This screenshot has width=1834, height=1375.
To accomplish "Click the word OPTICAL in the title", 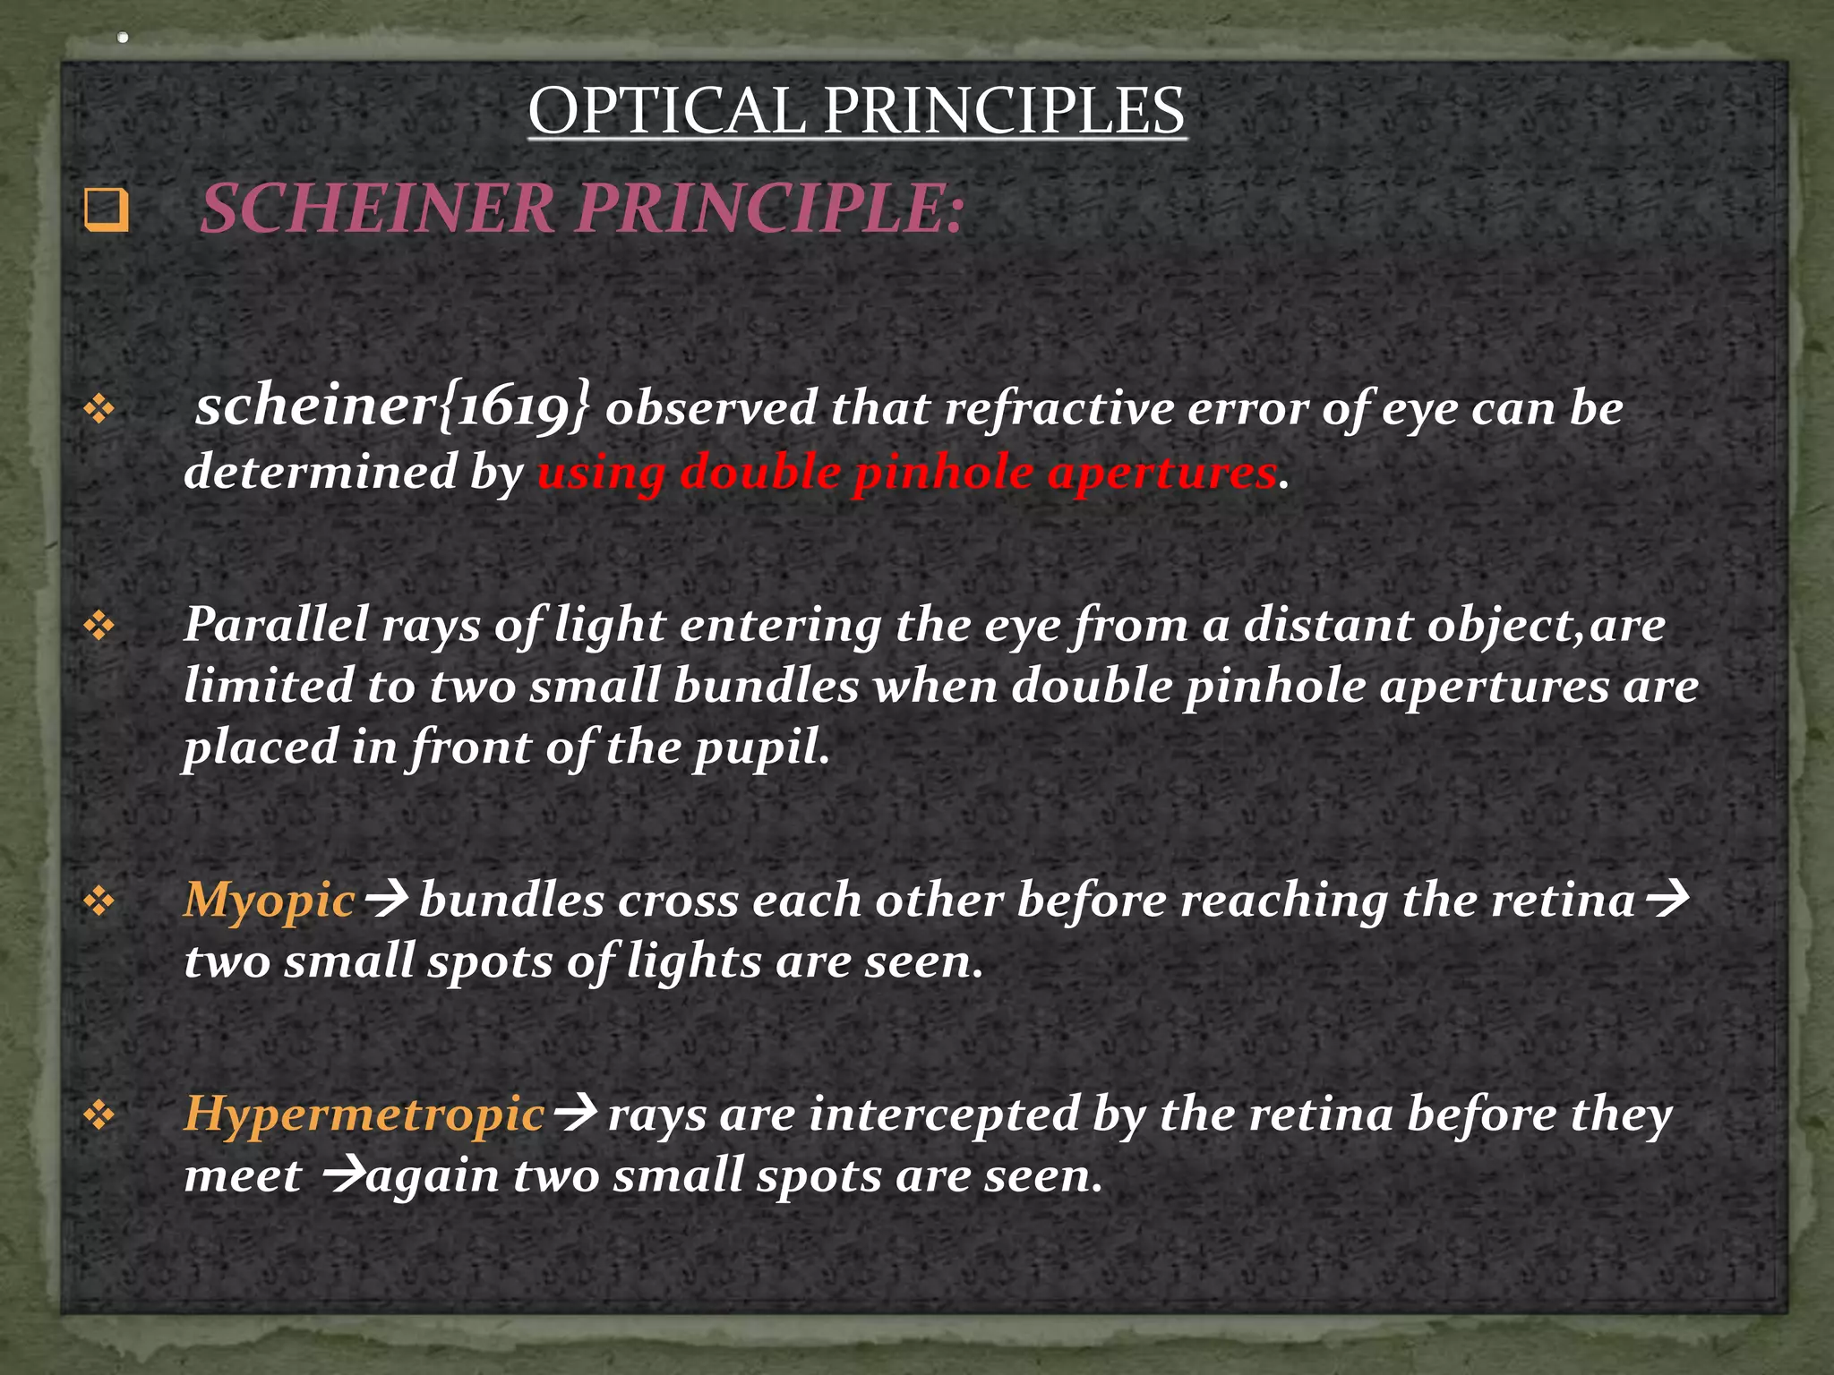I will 666,111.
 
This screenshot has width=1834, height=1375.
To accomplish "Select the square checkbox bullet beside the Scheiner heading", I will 106,210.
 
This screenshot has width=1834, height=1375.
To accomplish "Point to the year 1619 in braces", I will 514,407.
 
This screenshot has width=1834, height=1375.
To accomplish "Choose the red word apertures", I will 1161,473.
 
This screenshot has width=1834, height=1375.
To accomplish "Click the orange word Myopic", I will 270,901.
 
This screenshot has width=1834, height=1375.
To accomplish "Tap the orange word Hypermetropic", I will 364,1115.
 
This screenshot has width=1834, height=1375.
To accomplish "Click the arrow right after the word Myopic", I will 388,898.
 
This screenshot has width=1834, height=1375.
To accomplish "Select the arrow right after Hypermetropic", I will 576,1113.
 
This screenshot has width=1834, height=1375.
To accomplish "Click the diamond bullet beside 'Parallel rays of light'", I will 99,625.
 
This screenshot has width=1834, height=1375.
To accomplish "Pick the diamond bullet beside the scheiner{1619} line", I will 99,409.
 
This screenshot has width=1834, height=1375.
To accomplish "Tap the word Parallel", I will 276,624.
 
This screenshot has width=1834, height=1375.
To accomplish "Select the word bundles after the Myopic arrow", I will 511,901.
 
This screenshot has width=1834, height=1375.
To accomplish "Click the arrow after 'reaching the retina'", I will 1667,898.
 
